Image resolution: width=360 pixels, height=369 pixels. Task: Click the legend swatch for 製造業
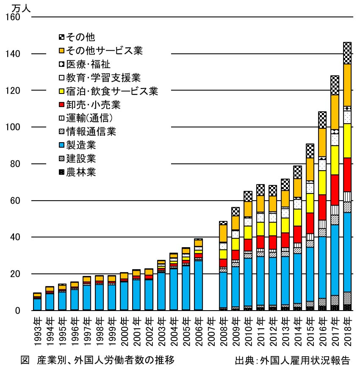coord(61,146)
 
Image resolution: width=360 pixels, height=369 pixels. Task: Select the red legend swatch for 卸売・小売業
coord(61,105)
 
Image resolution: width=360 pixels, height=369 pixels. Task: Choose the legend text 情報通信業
coord(91,132)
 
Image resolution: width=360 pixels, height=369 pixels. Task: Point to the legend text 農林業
coord(81,172)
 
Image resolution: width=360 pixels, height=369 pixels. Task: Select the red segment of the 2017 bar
coord(335,190)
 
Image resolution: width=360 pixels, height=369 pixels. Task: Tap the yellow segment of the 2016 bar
coord(322,182)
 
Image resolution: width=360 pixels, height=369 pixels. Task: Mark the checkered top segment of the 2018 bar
coord(347,53)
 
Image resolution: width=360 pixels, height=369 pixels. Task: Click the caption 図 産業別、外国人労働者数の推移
coord(97,360)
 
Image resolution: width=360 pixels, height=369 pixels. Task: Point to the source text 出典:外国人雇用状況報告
coord(293,361)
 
